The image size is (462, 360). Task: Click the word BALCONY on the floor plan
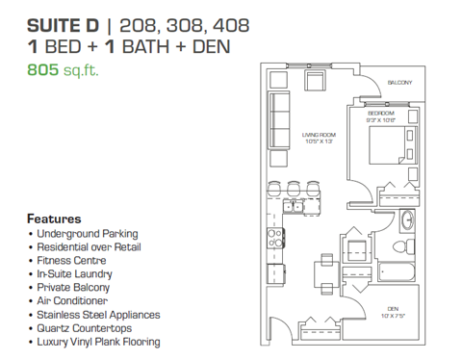tap(399, 83)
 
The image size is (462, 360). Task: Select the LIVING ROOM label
tap(320, 136)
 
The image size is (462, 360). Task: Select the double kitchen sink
tap(295, 208)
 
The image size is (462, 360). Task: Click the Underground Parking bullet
tap(87, 233)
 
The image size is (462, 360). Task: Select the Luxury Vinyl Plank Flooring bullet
tap(98, 341)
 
